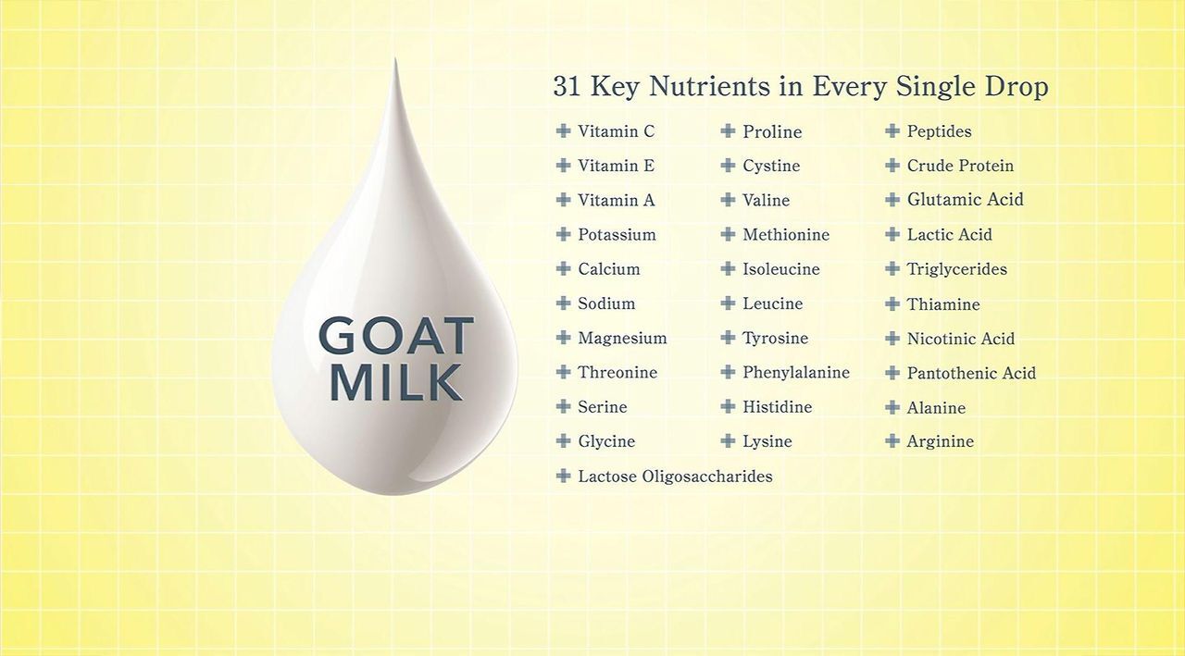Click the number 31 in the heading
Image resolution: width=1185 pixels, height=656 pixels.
click(x=567, y=87)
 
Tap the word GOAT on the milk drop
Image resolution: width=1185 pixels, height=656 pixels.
click(x=396, y=335)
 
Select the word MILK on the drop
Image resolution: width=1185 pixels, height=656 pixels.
click(x=396, y=381)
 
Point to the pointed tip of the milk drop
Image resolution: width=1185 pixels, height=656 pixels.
click(x=395, y=58)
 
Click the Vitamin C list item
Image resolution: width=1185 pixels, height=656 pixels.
click(x=616, y=131)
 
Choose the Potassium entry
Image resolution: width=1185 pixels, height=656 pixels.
click(x=617, y=235)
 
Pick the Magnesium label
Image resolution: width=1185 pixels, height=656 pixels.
click(x=622, y=339)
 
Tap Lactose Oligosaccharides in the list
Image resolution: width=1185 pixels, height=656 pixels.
click(x=675, y=477)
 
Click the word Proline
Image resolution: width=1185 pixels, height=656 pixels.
click(x=772, y=131)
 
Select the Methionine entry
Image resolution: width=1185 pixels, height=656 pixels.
click(x=786, y=235)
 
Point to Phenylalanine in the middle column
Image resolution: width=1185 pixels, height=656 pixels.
click(x=796, y=373)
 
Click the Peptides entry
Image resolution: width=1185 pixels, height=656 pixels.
click(x=939, y=131)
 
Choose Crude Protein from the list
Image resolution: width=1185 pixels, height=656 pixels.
click(x=960, y=166)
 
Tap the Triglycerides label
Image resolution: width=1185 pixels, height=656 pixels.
click(x=957, y=269)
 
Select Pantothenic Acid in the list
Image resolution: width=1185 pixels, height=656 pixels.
click(x=971, y=373)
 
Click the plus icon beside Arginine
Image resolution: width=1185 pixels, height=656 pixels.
click(x=892, y=440)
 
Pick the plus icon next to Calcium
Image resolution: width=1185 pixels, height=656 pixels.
click(x=564, y=268)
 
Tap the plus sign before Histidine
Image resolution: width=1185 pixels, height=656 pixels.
click(x=728, y=406)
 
